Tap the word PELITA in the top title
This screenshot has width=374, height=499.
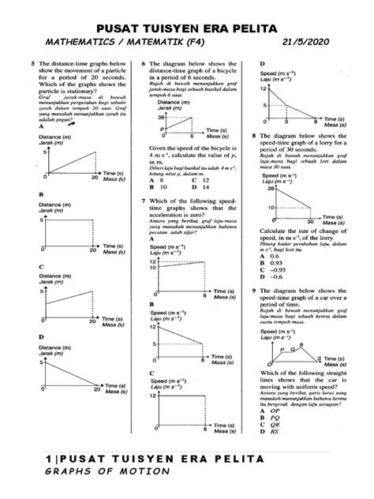tap(251, 28)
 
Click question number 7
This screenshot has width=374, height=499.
tap(142, 201)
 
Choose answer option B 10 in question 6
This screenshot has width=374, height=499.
tap(155, 189)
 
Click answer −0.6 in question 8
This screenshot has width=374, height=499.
tap(277, 277)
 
